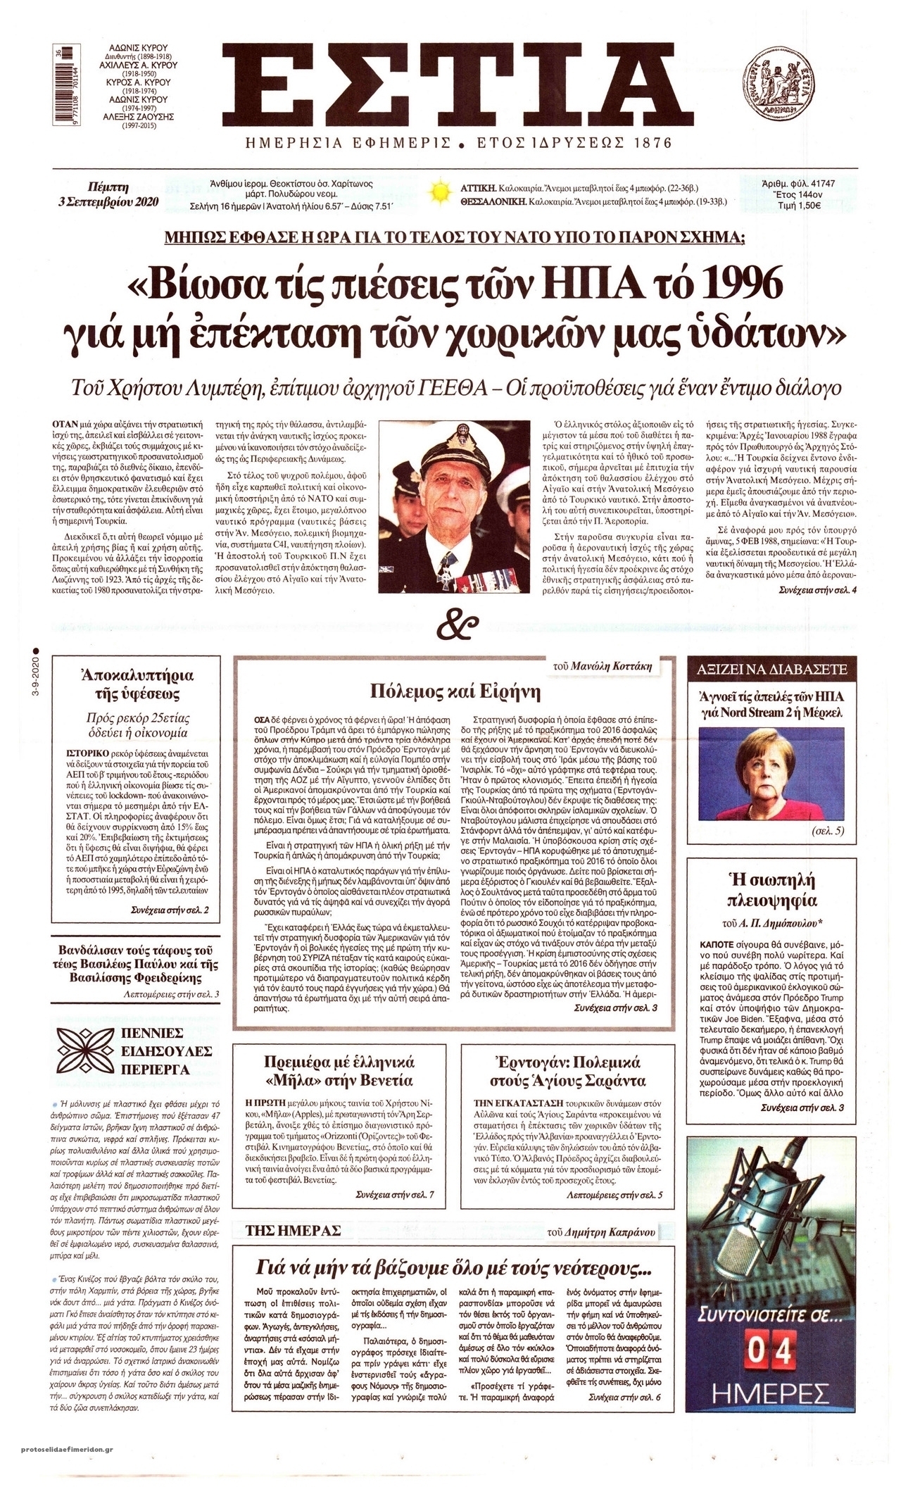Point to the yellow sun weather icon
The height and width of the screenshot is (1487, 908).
pyautogui.click(x=441, y=193)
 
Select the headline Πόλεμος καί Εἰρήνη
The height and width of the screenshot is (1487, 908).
pyautogui.click(x=455, y=692)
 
